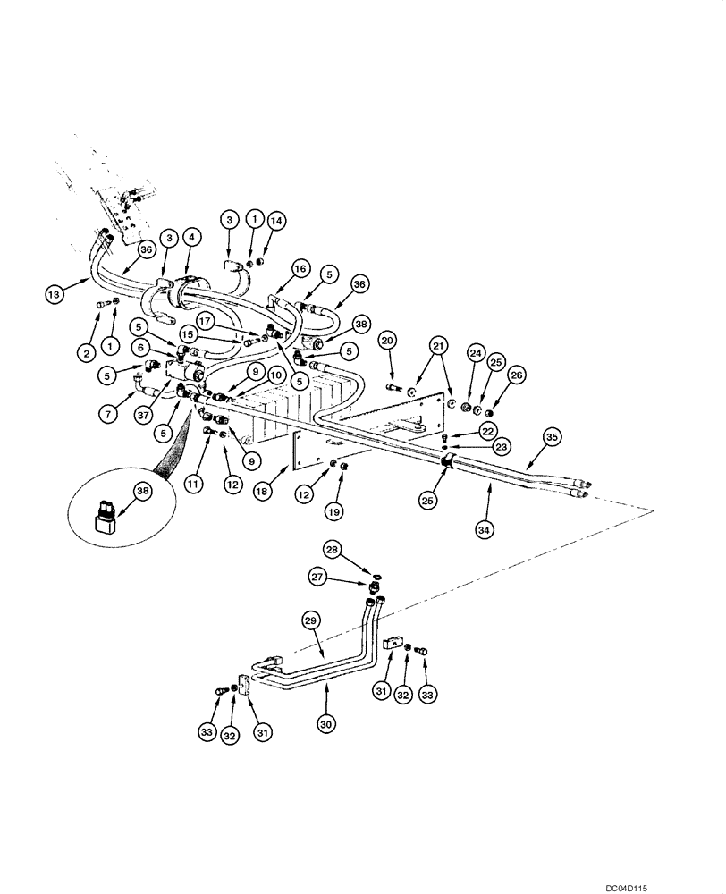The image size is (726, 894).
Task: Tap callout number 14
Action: click(x=275, y=219)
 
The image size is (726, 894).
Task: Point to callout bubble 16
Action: click(x=300, y=268)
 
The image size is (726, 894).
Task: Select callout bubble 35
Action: click(x=552, y=437)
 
